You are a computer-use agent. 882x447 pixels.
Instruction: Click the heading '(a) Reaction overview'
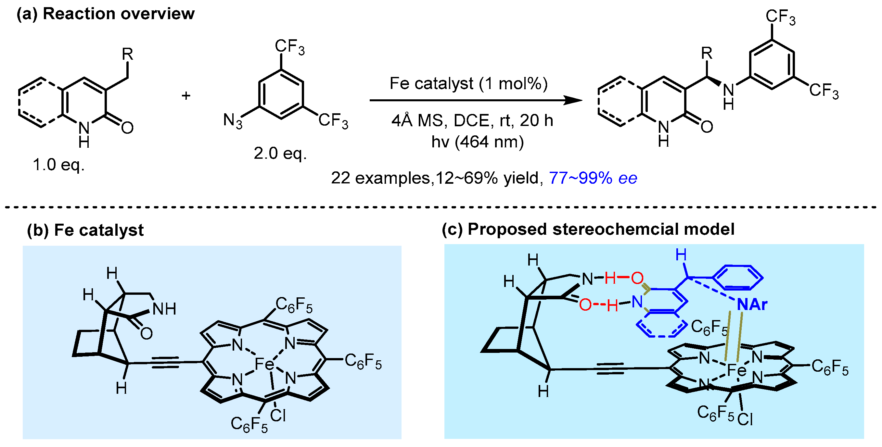(x=106, y=14)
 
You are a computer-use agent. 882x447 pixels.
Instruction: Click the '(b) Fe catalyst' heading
(x=85, y=230)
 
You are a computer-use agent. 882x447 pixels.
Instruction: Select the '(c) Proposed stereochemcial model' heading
(x=588, y=229)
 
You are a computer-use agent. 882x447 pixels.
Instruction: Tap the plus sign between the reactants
(x=186, y=95)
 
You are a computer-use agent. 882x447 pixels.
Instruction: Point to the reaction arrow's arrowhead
(x=574, y=100)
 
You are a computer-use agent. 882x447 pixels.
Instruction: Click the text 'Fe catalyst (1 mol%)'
(x=468, y=83)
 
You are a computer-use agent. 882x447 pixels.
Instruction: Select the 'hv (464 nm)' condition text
(x=477, y=142)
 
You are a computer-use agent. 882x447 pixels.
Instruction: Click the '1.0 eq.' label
(x=58, y=165)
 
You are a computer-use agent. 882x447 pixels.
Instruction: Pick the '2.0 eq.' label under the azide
(x=280, y=153)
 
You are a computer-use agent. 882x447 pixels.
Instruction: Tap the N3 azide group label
(x=233, y=121)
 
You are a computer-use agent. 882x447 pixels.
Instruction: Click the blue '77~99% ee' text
(x=593, y=178)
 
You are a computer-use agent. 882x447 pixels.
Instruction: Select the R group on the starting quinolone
(x=127, y=54)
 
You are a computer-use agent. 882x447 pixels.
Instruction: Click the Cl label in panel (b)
(x=278, y=416)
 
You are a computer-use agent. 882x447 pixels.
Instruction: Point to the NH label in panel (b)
(x=164, y=309)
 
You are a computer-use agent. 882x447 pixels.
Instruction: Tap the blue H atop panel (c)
(x=681, y=255)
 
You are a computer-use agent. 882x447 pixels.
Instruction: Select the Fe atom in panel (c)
(x=736, y=370)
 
